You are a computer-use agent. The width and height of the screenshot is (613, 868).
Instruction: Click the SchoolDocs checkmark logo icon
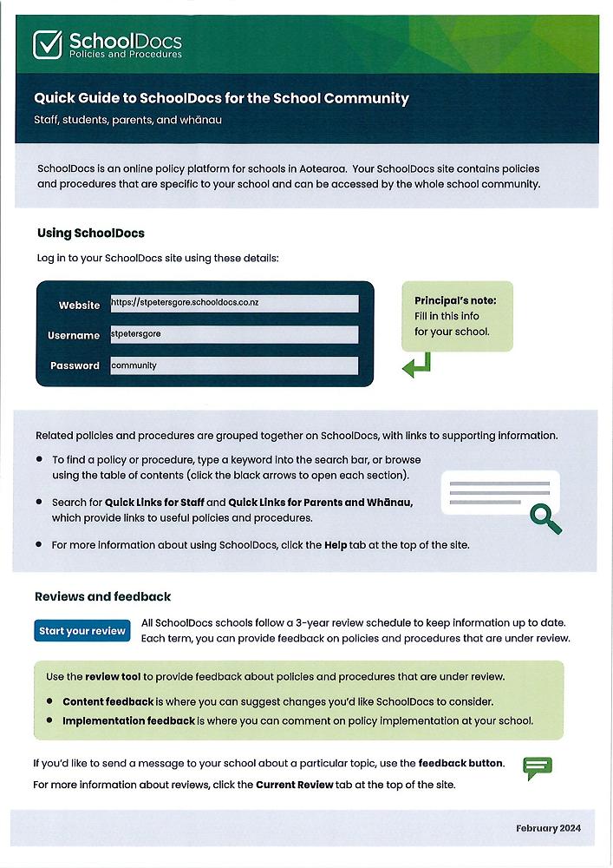point(48,44)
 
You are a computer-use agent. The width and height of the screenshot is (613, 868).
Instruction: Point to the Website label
point(79,305)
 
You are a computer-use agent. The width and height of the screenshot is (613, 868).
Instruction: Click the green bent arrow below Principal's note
point(416,365)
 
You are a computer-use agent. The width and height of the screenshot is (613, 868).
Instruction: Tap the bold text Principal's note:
point(455,300)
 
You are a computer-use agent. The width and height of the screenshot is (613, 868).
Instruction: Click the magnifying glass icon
point(545,518)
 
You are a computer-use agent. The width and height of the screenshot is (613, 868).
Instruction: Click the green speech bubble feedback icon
point(538,767)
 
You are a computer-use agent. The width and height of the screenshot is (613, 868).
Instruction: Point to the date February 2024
point(548,828)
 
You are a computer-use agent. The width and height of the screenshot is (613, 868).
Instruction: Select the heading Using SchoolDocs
point(90,233)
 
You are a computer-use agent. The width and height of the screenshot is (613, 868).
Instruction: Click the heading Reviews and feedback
point(102,596)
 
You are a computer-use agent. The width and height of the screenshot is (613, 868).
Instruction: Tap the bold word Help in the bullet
point(336,545)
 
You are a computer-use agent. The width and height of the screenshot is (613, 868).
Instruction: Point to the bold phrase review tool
point(114,676)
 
